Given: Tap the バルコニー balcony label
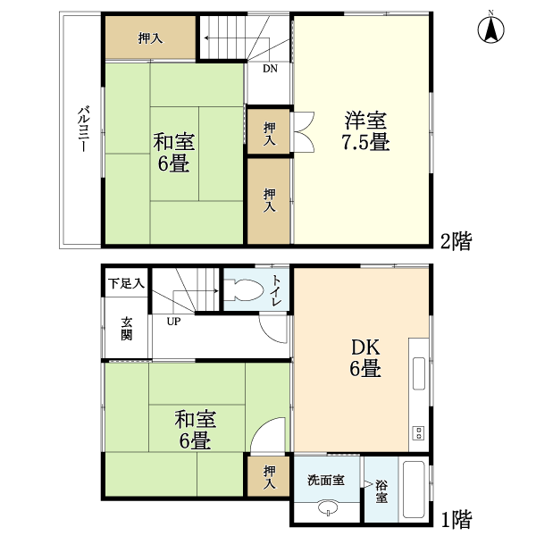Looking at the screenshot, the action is (84, 130).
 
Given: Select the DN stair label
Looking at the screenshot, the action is (270, 69).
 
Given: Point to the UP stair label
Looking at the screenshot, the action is (173, 322).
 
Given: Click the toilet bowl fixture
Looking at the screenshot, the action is (243, 290).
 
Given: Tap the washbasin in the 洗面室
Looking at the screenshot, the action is (328, 507).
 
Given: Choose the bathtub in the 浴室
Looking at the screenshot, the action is (414, 489).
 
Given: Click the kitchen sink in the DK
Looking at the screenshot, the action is (419, 373).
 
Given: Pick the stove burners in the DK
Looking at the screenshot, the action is (419, 432).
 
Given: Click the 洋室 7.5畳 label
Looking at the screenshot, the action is (365, 130).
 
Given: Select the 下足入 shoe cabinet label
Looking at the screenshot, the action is (126, 283).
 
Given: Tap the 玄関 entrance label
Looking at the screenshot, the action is (127, 329).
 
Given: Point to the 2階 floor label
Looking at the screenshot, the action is (456, 241).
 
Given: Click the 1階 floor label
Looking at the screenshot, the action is (456, 519).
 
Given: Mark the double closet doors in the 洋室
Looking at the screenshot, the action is (302, 131).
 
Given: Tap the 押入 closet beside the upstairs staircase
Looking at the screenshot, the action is (150, 38).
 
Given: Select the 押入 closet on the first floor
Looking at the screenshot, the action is (269, 476).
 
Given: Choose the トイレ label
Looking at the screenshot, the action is (275, 290).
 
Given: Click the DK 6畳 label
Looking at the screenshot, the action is (365, 357).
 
